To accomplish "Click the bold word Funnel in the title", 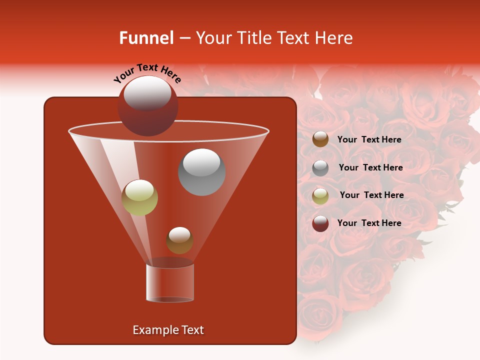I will click(x=146, y=38).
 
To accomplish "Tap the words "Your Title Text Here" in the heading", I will click(x=274, y=38).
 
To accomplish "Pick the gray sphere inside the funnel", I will click(x=201, y=172).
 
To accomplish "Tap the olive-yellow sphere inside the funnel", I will click(x=140, y=197).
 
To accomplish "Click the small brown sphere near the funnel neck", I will click(x=179, y=240).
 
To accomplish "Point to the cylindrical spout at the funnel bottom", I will click(x=170, y=282).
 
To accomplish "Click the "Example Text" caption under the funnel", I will click(x=168, y=330).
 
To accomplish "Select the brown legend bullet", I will click(x=320, y=139).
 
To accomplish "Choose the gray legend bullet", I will click(x=320, y=168).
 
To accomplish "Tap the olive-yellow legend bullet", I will click(x=320, y=195).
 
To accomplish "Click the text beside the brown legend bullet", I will click(x=369, y=139).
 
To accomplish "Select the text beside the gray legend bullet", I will click(x=370, y=167).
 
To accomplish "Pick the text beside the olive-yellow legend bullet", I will click(x=371, y=195).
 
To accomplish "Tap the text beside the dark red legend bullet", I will click(x=369, y=223).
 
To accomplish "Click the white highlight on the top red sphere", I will click(x=147, y=93).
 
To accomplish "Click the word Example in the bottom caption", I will click(x=153, y=330).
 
